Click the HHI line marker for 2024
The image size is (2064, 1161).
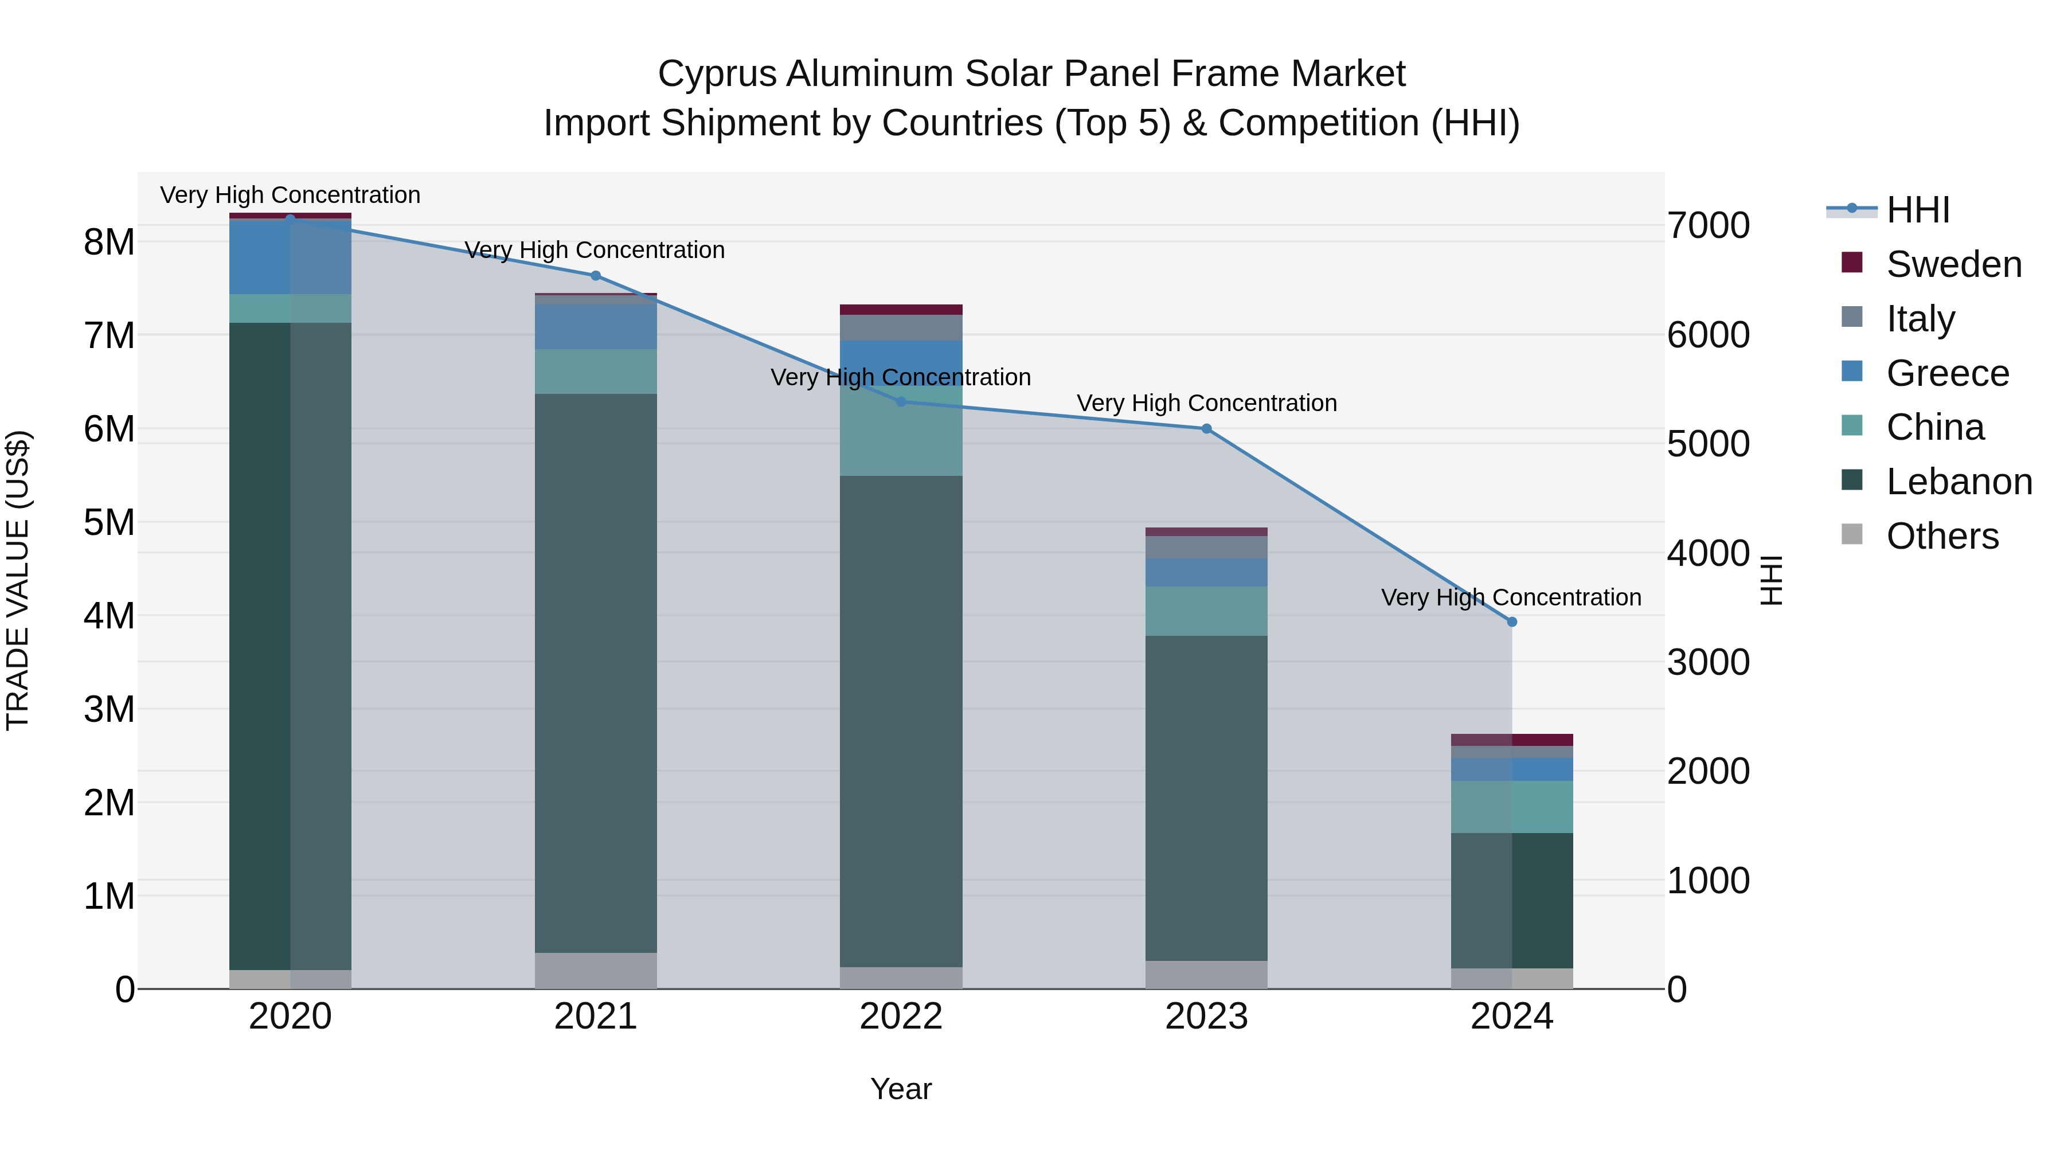[1511, 621]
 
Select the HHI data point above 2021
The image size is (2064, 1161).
[595, 276]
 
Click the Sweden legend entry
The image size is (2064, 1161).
[1953, 264]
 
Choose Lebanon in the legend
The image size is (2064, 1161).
[1959, 482]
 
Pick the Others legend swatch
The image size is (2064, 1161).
[1852, 534]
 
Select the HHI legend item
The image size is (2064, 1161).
[1917, 210]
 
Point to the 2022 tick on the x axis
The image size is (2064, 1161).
[901, 1016]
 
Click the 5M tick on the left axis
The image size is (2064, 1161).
[109, 522]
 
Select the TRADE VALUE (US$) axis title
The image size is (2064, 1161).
[18, 580]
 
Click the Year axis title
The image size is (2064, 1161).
[901, 1089]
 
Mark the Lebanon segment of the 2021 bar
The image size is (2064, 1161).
[595, 673]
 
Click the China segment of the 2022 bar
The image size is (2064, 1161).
[901, 437]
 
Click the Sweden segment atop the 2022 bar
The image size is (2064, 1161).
[901, 309]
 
